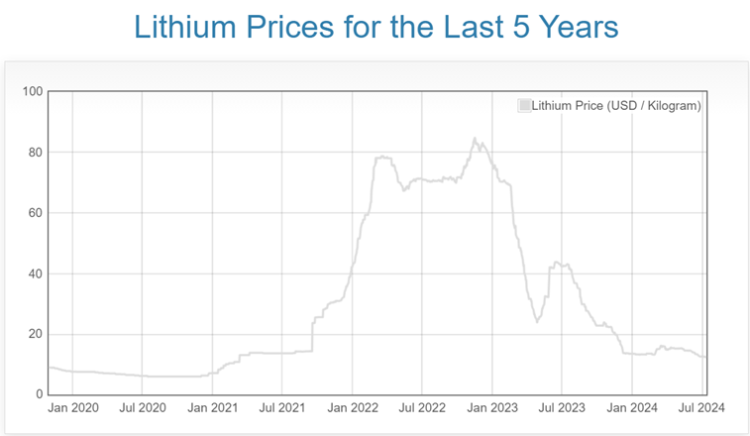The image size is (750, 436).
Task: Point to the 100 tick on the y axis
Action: (x=33, y=92)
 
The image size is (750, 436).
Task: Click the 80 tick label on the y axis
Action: (x=36, y=153)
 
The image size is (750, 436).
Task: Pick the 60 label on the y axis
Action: (x=36, y=213)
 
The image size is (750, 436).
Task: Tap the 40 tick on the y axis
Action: (x=36, y=273)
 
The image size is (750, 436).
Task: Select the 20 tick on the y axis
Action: (x=36, y=334)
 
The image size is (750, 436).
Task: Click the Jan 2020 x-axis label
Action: (x=72, y=407)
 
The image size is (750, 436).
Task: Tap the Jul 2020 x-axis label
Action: (x=142, y=407)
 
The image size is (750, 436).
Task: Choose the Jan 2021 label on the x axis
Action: (x=212, y=407)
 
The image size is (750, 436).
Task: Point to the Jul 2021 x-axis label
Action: (x=281, y=407)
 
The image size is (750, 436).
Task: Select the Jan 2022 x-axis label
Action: (x=353, y=407)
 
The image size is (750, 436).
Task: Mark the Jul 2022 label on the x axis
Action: (x=422, y=407)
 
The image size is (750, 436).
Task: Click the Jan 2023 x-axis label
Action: (x=492, y=407)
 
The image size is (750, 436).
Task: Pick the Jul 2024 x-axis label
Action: (x=701, y=407)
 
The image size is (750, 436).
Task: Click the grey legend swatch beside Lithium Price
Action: (x=524, y=106)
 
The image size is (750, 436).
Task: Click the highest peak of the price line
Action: (x=475, y=139)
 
